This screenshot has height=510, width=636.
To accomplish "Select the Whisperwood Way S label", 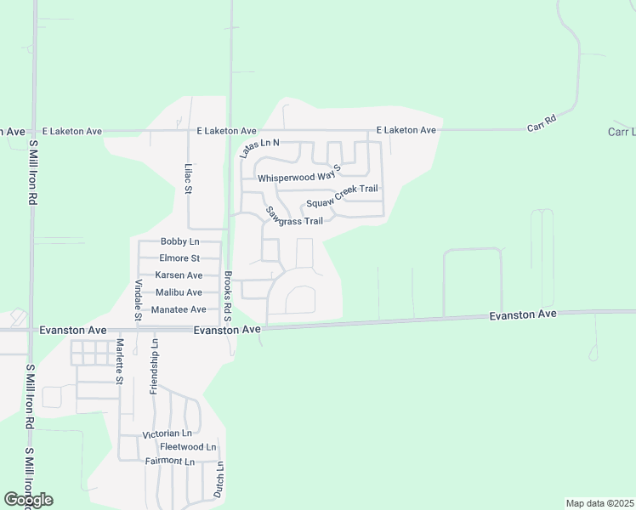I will pyautogui.click(x=298, y=177).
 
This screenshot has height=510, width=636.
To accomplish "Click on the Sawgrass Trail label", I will pyautogui.click(x=294, y=217).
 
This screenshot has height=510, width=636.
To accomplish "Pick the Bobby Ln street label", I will pyautogui.click(x=179, y=241).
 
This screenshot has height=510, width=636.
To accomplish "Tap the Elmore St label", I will pyautogui.click(x=179, y=258).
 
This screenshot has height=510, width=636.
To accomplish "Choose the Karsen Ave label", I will pyautogui.click(x=179, y=275).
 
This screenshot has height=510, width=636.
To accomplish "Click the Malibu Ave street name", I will pyautogui.click(x=179, y=292).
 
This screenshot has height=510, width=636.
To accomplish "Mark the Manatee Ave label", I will pyautogui.click(x=179, y=309).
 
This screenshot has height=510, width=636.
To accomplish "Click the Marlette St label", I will pyautogui.click(x=120, y=360).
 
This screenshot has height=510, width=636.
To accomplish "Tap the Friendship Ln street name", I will pyautogui.click(x=155, y=365).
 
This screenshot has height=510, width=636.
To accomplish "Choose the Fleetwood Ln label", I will pyautogui.click(x=188, y=447).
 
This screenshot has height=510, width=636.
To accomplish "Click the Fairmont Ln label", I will pyautogui.click(x=170, y=461).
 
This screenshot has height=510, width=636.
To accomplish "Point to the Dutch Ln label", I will pyautogui.click(x=219, y=479).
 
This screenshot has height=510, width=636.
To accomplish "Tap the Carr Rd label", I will pyautogui.click(x=542, y=122).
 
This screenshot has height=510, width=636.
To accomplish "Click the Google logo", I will pyautogui.click(x=29, y=500).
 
